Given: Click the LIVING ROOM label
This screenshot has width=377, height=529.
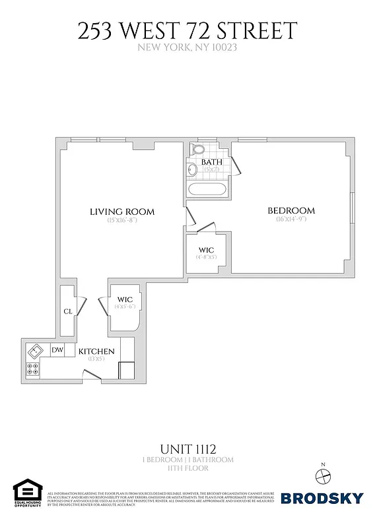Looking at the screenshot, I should pyautogui.click(x=122, y=212).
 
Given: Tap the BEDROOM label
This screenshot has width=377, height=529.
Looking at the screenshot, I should pyautogui.click(x=291, y=211).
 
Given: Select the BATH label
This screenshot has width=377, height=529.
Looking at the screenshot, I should pyautogui.click(x=211, y=162).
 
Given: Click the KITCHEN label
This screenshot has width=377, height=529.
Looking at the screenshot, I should pyautogui.click(x=97, y=351).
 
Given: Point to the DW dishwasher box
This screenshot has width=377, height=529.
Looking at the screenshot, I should pyautogui.click(x=57, y=350).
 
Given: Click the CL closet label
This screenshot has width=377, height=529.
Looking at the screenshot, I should pyautogui.click(x=68, y=311).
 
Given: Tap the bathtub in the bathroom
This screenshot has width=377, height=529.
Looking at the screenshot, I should pyautogui.click(x=207, y=190).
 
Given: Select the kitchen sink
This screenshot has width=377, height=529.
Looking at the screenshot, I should pyautogui.click(x=35, y=350).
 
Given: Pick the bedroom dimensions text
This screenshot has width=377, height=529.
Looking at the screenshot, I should pyautogui.click(x=291, y=220).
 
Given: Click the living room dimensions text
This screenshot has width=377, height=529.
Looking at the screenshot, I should pyautogui.click(x=122, y=220).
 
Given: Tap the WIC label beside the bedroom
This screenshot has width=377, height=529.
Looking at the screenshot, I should pyautogui.click(x=207, y=251).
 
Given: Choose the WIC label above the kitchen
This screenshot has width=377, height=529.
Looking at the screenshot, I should pyautogui.click(x=124, y=300).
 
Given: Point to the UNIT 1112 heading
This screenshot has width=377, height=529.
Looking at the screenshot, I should pyautogui.click(x=188, y=448).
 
